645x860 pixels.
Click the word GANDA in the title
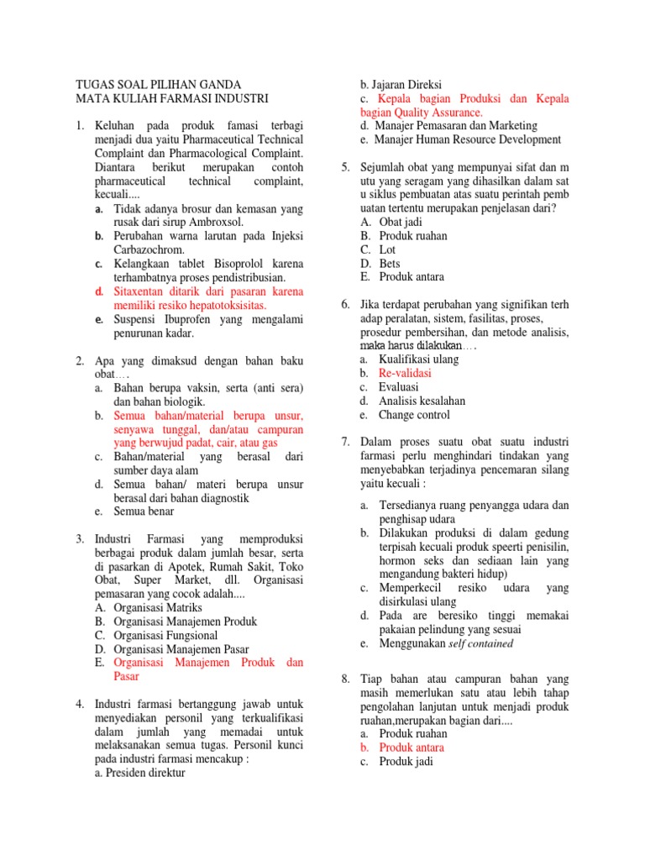218,85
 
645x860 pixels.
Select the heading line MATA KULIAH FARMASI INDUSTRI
172,98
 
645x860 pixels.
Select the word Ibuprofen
188,319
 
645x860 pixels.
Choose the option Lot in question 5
387,249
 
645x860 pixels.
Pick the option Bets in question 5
390,263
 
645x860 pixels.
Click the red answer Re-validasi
405,373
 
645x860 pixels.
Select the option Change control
414,414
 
